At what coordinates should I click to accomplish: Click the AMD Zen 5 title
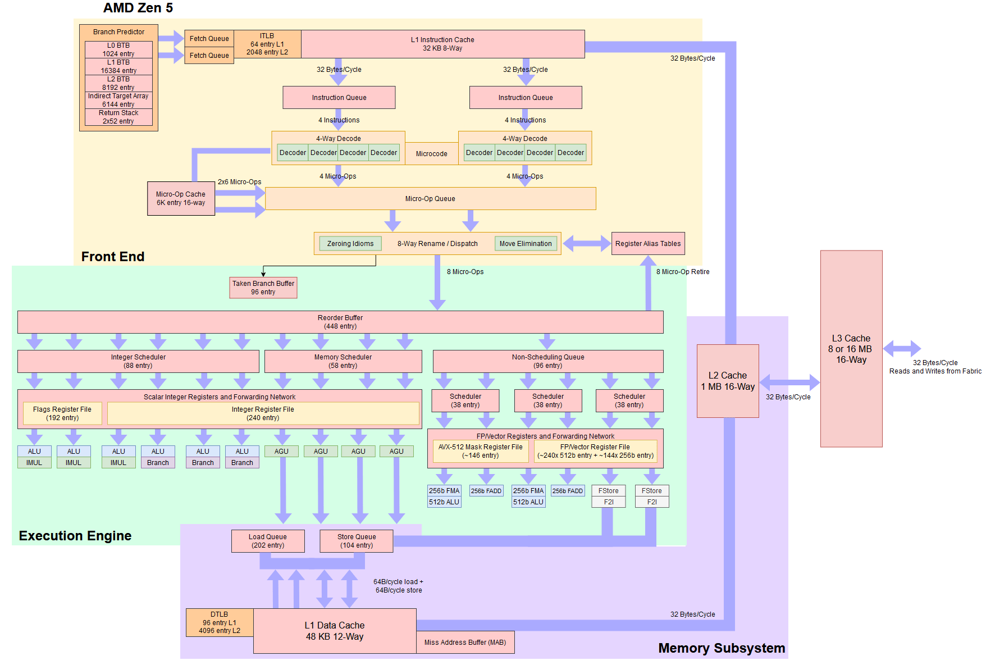tap(138, 8)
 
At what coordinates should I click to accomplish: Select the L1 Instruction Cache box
tap(442, 44)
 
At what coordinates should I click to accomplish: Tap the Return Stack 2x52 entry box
tap(118, 117)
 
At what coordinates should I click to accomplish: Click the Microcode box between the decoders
tap(431, 153)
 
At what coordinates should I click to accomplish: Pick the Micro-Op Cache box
tap(181, 198)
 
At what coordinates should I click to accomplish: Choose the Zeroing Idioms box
tap(350, 243)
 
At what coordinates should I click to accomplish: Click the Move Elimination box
tap(526, 243)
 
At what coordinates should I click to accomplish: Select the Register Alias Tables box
tap(648, 243)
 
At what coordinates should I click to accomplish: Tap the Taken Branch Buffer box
tap(263, 288)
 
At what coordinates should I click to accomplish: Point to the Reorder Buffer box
tap(340, 322)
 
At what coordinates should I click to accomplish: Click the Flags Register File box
tap(62, 413)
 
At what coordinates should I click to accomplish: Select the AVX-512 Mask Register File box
tap(480, 451)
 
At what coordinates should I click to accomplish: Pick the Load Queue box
tap(268, 541)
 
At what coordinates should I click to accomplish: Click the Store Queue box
tap(357, 541)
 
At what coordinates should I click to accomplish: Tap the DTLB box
tap(220, 622)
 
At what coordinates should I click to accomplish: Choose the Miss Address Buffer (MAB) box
tap(465, 642)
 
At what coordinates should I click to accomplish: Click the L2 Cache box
tap(728, 381)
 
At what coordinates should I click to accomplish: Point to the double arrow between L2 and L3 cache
tap(789, 382)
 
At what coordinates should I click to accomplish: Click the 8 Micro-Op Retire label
tap(683, 272)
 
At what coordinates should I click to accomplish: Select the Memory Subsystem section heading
tap(722, 648)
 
